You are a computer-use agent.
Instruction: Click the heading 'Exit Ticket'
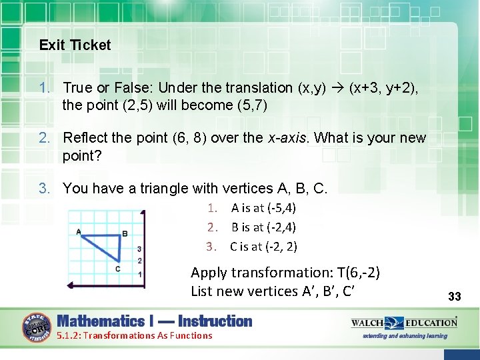[75, 45]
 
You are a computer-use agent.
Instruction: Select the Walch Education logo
[405, 323]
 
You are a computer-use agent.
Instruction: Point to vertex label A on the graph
[79, 232]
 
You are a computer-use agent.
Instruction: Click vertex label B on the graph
[125, 234]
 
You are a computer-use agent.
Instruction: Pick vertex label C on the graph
[118, 269]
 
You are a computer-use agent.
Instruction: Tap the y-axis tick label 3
[139, 249]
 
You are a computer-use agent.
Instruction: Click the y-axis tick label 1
[139, 275]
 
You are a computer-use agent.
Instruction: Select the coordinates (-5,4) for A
[273, 208]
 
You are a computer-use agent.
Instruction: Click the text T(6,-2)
[359, 272]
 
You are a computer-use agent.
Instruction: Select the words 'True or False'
[105, 88]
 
